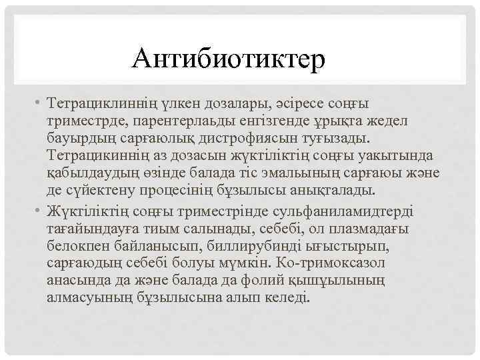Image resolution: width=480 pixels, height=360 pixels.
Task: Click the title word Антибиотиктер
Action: (229, 59)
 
